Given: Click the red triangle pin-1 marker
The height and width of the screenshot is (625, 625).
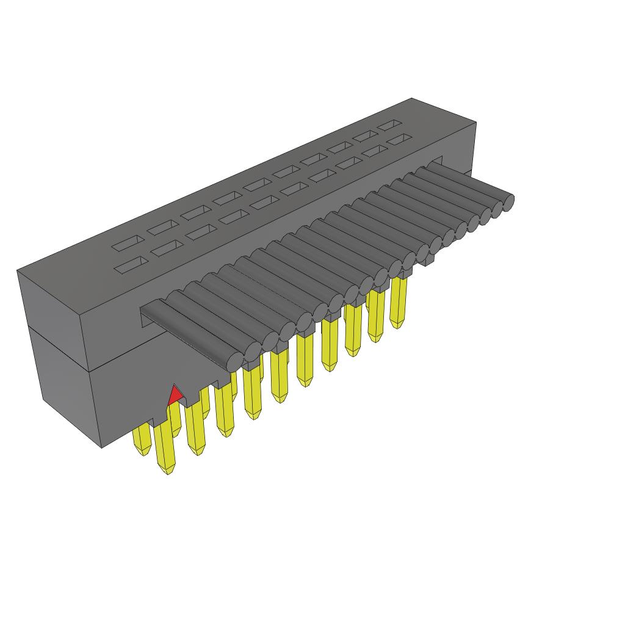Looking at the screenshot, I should [175, 396].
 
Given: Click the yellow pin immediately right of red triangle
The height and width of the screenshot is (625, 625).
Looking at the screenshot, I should [196, 430].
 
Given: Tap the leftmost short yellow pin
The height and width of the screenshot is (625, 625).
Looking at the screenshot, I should [142, 439].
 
